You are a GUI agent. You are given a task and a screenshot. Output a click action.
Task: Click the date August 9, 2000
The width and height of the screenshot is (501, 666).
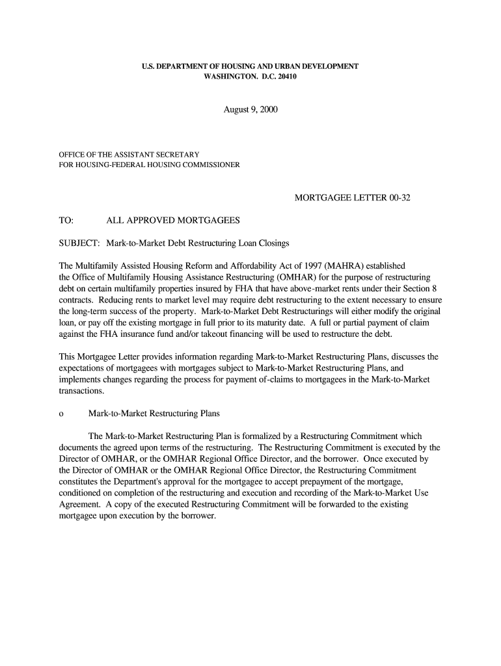click(251, 110)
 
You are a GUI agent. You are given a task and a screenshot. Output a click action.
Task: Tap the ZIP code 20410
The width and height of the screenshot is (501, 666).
click(285, 77)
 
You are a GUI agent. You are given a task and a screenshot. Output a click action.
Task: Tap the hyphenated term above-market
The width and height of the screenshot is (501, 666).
click(332, 289)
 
